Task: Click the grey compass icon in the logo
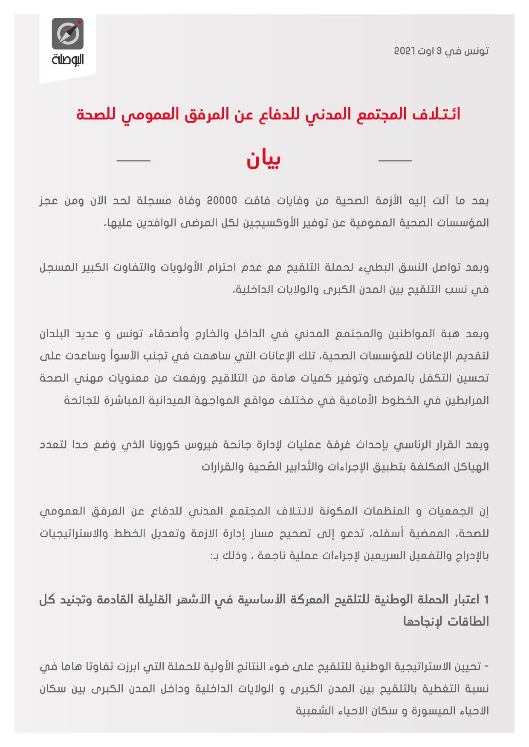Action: pyautogui.click(x=68, y=34)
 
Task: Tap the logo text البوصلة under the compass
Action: pyautogui.click(x=68, y=60)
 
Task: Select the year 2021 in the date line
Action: pyautogui.click(x=404, y=51)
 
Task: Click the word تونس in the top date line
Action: pyautogui.click(x=477, y=51)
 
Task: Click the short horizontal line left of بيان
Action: pyautogui.click(x=133, y=161)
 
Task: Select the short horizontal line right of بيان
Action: pyautogui.click(x=395, y=161)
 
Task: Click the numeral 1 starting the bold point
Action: pyautogui.click(x=486, y=600)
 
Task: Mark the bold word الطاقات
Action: pyautogui.click(x=468, y=622)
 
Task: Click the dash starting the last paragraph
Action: pyautogui.click(x=487, y=667)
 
